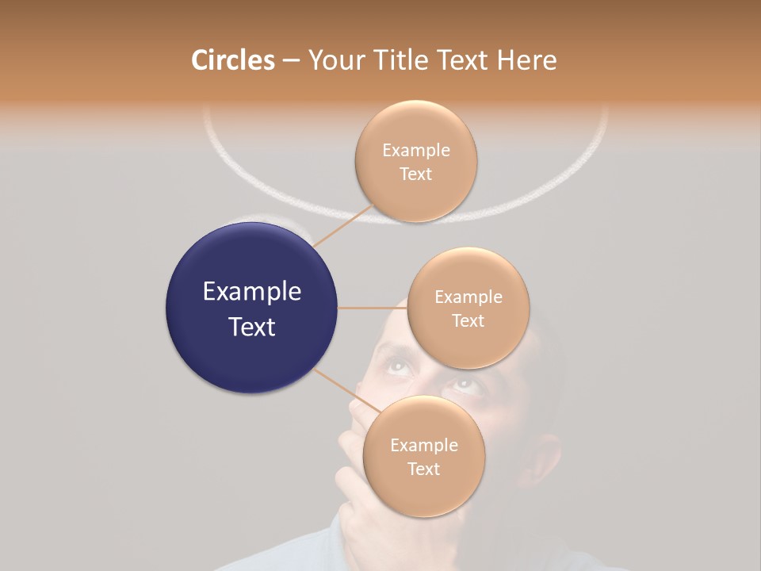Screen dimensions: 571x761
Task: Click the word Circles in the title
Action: (x=232, y=60)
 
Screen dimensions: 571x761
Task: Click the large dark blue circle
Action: (x=251, y=308)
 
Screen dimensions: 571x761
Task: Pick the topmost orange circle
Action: (x=415, y=161)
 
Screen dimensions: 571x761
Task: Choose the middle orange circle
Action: (x=468, y=308)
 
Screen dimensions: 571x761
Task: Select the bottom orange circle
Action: (x=423, y=456)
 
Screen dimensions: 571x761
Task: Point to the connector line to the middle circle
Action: (x=372, y=308)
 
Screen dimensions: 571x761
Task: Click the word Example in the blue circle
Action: (x=251, y=292)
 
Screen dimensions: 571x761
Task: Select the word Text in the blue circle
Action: (x=251, y=327)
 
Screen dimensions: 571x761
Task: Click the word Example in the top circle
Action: (x=415, y=150)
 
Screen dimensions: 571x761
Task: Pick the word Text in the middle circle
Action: (x=468, y=320)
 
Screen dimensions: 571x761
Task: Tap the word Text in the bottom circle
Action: (x=423, y=469)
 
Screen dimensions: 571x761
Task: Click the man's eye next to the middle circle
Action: (x=397, y=366)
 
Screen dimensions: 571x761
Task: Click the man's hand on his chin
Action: (x=353, y=468)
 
